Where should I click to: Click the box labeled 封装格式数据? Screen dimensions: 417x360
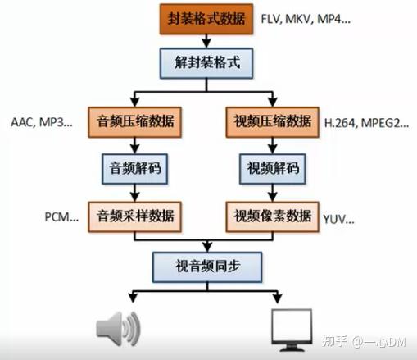click(206, 19)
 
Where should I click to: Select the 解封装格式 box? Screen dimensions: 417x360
click(206, 63)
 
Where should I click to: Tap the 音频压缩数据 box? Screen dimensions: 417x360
click(134, 122)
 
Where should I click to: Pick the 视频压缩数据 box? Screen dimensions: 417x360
click(272, 122)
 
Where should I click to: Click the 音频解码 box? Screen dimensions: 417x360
click(134, 169)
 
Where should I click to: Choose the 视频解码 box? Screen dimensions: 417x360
click(272, 169)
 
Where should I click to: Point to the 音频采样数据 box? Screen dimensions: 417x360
click(134, 216)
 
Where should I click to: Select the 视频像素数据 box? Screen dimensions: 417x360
click(272, 216)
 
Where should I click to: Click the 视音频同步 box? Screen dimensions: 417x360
click(207, 267)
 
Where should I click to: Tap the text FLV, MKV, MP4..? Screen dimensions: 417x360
click(306, 19)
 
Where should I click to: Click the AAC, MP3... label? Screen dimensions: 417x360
click(42, 122)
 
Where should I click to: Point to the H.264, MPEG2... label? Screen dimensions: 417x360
click(366, 123)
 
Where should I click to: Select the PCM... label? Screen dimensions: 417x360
click(61, 217)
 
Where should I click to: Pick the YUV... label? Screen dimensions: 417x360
click(338, 219)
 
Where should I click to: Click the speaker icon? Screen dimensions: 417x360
click(118, 328)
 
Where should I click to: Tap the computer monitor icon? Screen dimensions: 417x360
click(292, 330)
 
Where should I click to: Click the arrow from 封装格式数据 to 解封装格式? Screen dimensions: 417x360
click(206, 41)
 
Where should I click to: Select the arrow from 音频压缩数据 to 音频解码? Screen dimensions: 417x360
click(134, 145)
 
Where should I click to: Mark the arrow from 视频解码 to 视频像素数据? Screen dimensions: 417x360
click(272, 193)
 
